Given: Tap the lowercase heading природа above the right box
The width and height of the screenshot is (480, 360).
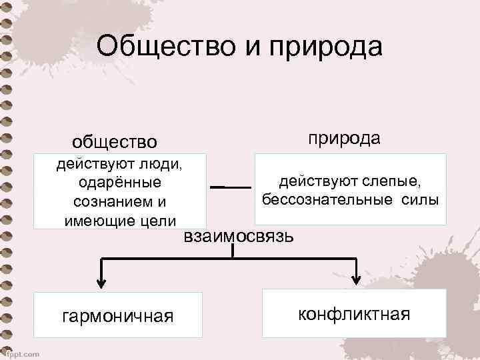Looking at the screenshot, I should click(344, 138).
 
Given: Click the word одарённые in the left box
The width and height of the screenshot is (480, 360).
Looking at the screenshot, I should click(119, 182).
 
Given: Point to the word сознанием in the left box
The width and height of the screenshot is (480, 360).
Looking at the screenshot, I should click(113, 201).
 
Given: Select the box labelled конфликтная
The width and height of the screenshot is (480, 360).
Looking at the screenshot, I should click(354, 313).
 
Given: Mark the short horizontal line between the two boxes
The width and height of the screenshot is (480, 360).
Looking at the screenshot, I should click(231, 187).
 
